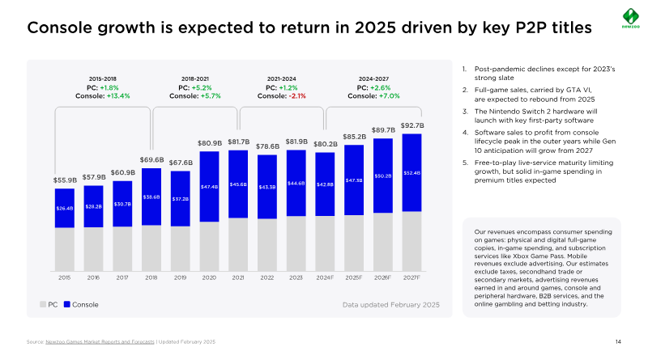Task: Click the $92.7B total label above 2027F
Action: pyautogui.click(x=411, y=125)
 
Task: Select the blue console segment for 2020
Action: pyautogui.click(x=209, y=186)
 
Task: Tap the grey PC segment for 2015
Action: pyautogui.click(x=65, y=249)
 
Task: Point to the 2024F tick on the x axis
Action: pyautogui.click(x=325, y=277)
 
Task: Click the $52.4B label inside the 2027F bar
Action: pyautogui.click(x=411, y=172)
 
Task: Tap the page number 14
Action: pyautogui.click(x=618, y=343)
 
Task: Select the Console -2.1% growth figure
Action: pyautogui.click(x=282, y=95)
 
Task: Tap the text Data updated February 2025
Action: pyautogui.click(x=390, y=304)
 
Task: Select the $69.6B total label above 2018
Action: pyautogui.click(x=151, y=159)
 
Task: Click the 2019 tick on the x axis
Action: pyautogui.click(x=180, y=277)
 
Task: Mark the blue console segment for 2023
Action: pyautogui.click(x=296, y=183)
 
